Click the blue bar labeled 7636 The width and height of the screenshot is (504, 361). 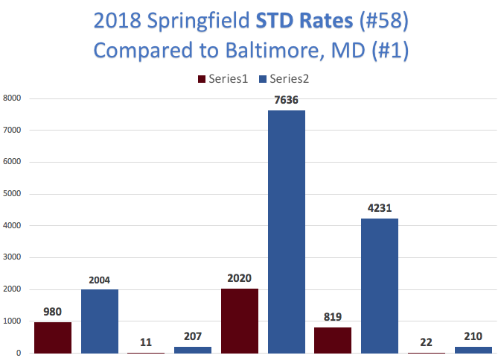tap(286, 231)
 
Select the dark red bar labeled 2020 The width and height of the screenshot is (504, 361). tap(240, 321)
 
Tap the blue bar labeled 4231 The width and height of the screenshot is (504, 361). tap(380, 286)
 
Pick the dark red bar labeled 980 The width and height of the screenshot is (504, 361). tap(53, 337)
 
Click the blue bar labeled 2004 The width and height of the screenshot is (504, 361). tap(100, 321)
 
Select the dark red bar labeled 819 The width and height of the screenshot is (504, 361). tap(333, 340)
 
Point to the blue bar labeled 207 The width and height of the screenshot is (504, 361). tap(193, 349)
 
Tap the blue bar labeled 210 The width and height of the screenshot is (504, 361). tap(473, 349)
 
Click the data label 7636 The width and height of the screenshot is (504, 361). tap(286, 99)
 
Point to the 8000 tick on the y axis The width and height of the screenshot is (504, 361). tap(13, 98)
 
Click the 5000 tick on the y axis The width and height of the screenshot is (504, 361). tap(13, 194)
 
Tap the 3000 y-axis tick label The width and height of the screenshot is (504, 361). tap(13, 257)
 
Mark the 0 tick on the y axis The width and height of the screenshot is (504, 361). tap(19, 353)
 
